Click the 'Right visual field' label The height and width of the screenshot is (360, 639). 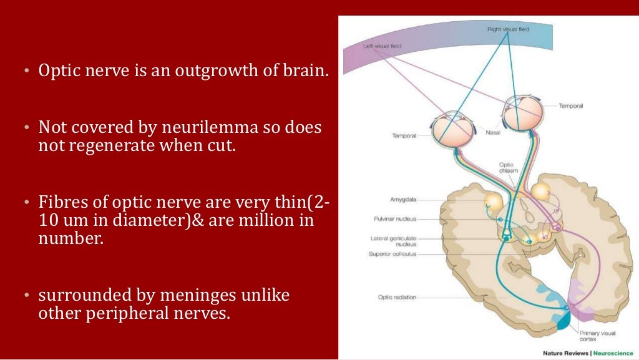tap(509, 29)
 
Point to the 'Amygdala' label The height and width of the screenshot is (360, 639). tap(403, 200)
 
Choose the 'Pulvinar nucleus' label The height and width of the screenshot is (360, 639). tap(396, 219)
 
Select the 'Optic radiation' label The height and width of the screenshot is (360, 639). tap(398, 296)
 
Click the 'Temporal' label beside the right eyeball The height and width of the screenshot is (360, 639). tap(570, 106)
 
